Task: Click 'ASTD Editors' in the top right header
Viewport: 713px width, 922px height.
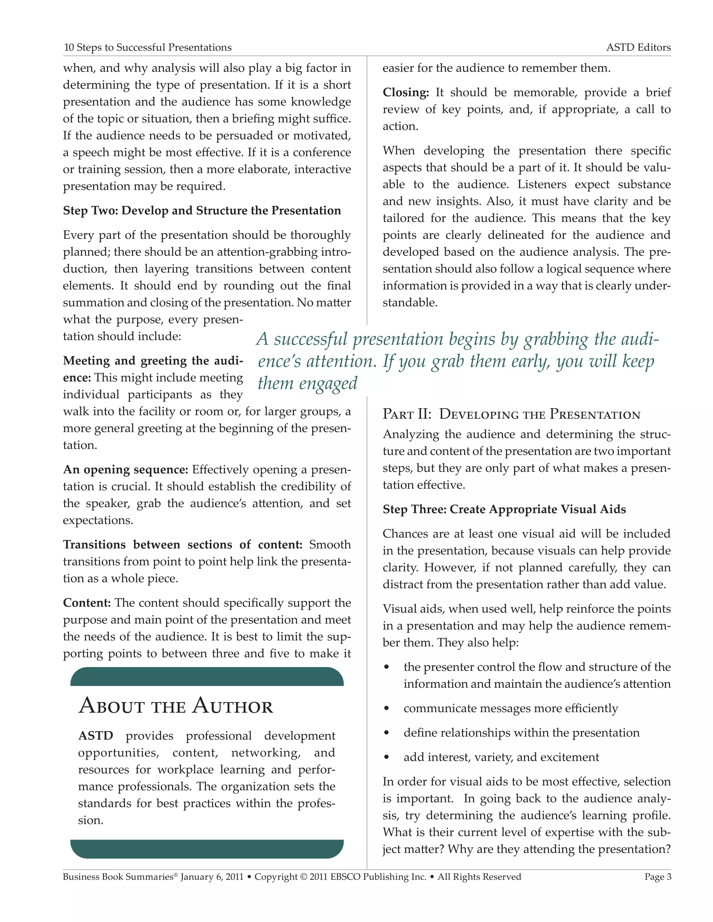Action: pyautogui.click(x=638, y=47)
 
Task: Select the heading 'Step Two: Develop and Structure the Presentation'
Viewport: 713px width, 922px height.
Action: pyautogui.click(x=202, y=210)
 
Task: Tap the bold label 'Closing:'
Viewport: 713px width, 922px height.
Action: pyautogui.click(x=406, y=93)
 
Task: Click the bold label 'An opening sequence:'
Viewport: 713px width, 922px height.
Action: pyautogui.click(x=125, y=469)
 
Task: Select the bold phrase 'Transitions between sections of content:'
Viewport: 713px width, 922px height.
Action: pyautogui.click(x=182, y=545)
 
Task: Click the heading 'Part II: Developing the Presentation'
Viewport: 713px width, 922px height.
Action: pyautogui.click(x=511, y=414)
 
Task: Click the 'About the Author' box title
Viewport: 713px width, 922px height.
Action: pyautogui.click(x=176, y=706)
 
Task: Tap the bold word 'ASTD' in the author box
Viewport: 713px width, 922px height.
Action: pyautogui.click(x=95, y=736)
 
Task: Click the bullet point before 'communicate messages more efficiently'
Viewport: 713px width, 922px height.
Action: pyautogui.click(x=386, y=709)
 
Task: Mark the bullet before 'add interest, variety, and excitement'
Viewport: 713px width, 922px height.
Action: pyautogui.click(x=386, y=758)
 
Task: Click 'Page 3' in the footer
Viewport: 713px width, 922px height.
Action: pyautogui.click(x=658, y=877)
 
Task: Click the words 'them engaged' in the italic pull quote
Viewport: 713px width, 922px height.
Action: pyautogui.click(x=307, y=383)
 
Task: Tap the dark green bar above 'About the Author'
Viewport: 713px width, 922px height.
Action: pyautogui.click(x=207, y=677)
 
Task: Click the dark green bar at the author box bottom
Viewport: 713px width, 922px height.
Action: pyautogui.click(x=207, y=849)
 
